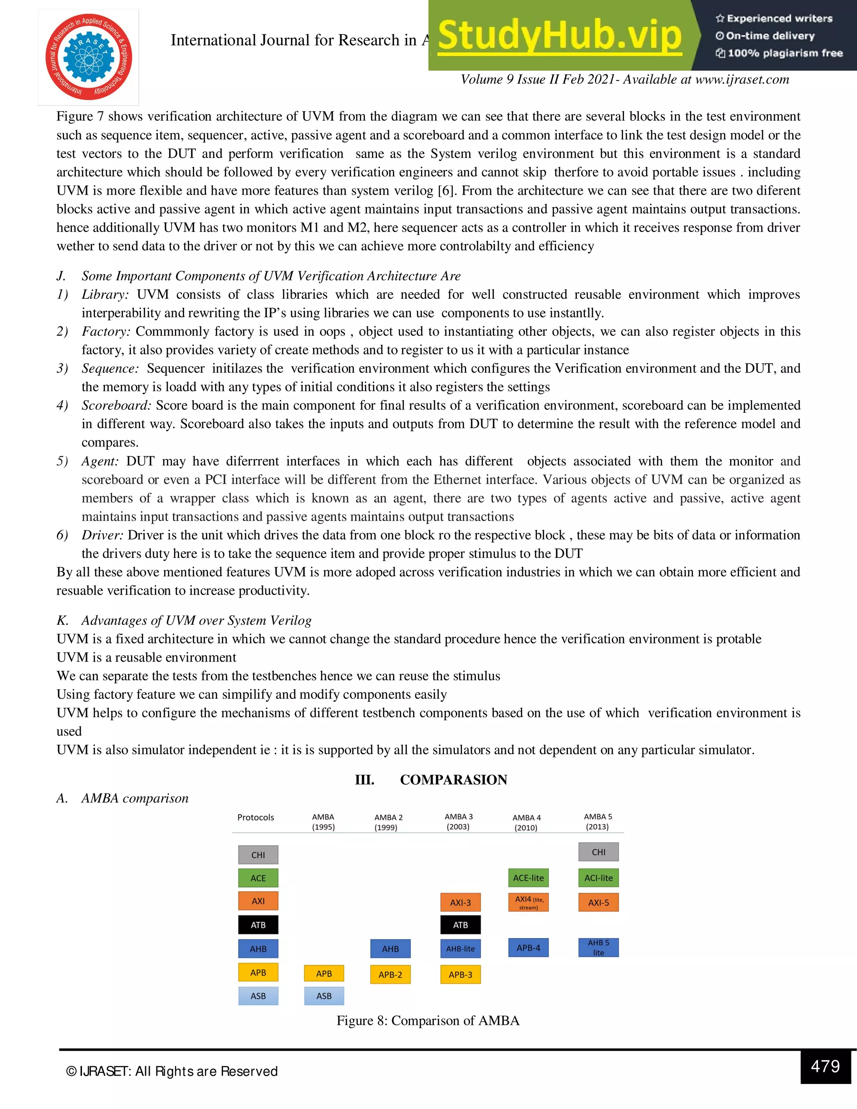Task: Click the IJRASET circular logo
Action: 88,57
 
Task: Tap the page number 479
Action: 825,1066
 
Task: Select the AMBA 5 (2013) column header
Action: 598,821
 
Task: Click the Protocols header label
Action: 255,817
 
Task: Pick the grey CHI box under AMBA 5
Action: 598,852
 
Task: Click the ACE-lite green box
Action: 528,878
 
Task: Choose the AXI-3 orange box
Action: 460,902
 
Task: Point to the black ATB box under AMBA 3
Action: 460,925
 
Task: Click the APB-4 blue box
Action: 528,947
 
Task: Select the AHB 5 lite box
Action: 598,947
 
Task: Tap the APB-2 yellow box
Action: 390,974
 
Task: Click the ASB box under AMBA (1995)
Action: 324,996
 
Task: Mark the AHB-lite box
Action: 460,949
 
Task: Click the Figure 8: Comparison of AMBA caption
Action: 428,1021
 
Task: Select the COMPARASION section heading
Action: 453,780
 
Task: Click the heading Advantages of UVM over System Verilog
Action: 196,620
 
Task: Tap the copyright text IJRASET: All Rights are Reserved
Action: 173,1071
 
